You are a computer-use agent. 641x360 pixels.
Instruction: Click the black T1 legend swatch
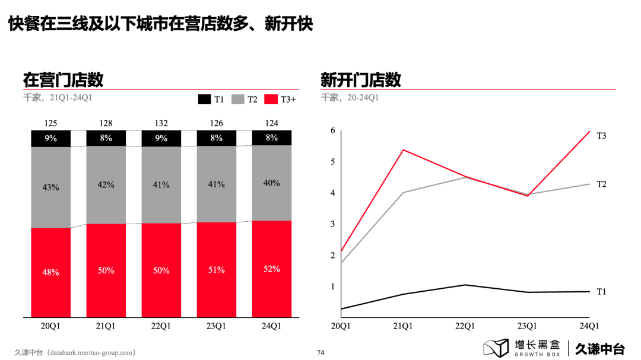[x=204, y=99]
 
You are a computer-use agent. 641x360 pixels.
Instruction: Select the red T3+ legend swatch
[x=271, y=99]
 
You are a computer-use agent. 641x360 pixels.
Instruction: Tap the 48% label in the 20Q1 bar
[x=50, y=273]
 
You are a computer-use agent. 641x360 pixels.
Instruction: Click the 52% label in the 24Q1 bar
[x=271, y=269]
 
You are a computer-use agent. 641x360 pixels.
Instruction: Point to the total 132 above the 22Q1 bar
[x=161, y=123]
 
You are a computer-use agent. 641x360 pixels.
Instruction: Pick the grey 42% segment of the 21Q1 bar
[x=106, y=185]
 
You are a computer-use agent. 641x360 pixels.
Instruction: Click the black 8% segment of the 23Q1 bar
[x=216, y=138]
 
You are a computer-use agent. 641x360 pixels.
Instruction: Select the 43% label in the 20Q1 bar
[x=50, y=187]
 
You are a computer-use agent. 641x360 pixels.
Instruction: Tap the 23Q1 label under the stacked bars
[x=216, y=326]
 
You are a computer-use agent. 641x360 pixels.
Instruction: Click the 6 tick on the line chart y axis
[x=333, y=130]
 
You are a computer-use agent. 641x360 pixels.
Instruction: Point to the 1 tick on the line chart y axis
[x=333, y=286]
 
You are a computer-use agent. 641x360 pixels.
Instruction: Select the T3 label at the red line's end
[x=601, y=136]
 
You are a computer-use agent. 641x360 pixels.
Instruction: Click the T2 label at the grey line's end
[x=601, y=184]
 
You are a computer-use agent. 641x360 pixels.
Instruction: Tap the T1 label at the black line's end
[x=601, y=291]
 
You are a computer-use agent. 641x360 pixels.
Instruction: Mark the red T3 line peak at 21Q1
[x=403, y=149]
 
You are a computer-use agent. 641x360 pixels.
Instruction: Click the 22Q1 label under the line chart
[x=465, y=326]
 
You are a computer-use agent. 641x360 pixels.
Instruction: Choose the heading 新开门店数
[x=361, y=79]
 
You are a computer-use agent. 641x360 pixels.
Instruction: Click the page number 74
[x=320, y=352]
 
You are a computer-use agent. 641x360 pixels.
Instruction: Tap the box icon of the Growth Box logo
[x=496, y=348]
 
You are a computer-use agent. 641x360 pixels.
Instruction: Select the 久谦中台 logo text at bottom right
[x=600, y=348]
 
